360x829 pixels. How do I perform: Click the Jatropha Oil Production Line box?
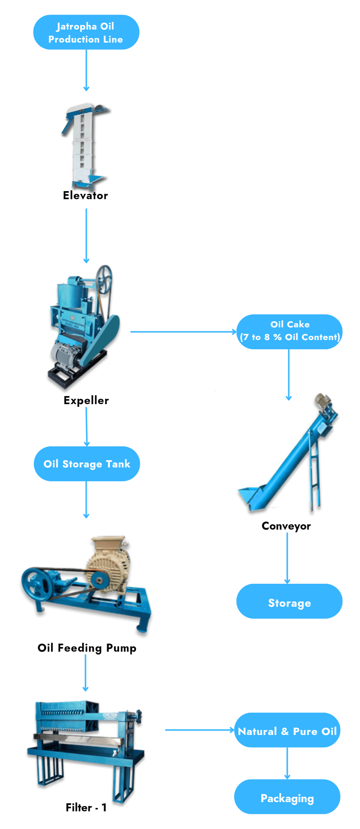pos(86,32)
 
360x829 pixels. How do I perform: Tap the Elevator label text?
pos(86,195)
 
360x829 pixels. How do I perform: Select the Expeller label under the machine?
pos(86,400)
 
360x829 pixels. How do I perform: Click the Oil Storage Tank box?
pos(87,464)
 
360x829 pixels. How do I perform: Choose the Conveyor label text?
pos(286,526)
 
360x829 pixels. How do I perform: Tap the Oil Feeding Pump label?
pos(87,648)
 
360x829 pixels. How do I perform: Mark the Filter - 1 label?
pos(86,808)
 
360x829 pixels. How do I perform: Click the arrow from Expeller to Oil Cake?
pos(183,332)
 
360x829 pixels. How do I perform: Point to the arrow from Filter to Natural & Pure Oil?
pos(200,730)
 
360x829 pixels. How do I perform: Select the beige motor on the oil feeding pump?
pos(109,564)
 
